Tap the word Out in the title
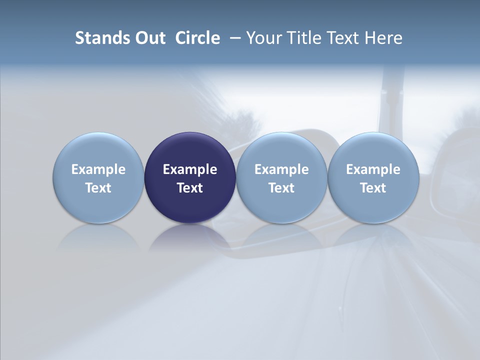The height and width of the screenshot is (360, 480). point(148,38)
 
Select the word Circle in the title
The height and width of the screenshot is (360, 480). point(197,38)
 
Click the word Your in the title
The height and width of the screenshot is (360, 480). point(262,38)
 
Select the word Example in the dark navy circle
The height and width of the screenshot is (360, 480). point(190,169)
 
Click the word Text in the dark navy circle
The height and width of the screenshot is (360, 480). point(190,188)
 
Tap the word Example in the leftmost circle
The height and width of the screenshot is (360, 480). point(98,169)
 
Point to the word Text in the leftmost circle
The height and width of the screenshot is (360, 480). point(98,188)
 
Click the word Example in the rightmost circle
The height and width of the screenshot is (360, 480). point(373,169)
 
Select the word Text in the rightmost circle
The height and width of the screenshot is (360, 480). point(373,188)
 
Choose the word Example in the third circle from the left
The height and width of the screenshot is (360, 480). point(281,169)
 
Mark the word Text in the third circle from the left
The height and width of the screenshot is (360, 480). point(281,188)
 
